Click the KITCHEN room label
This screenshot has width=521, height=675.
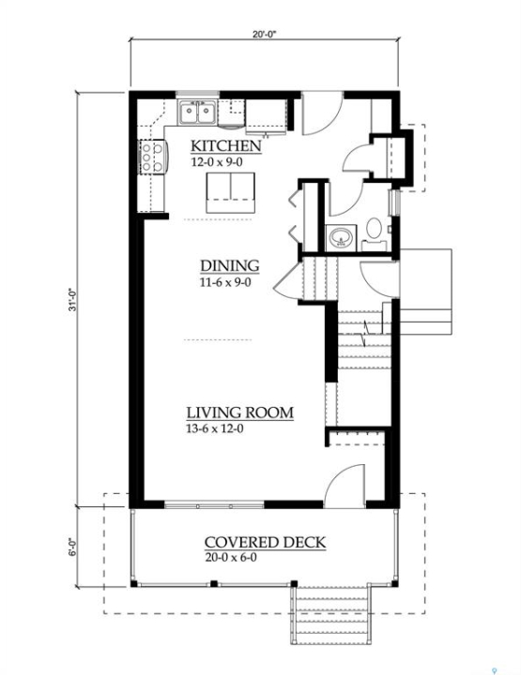[x=226, y=146]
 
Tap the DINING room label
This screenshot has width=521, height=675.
[x=230, y=265]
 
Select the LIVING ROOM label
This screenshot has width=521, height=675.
[x=240, y=412]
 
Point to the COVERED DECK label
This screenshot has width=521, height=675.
[x=265, y=542]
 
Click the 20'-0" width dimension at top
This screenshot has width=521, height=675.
[x=264, y=35]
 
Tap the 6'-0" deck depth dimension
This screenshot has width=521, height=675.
[x=72, y=547]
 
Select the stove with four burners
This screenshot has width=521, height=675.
[x=152, y=157]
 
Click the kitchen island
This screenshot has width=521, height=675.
[x=230, y=193]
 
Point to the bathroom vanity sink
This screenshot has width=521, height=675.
[x=341, y=237]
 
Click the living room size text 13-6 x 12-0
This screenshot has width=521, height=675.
[x=215, y=428]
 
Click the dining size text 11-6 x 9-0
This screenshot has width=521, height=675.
[x=225, y=282]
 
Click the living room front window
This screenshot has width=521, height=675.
[x=214, y=505]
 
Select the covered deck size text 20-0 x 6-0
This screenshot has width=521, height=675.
[x=231, y=558]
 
